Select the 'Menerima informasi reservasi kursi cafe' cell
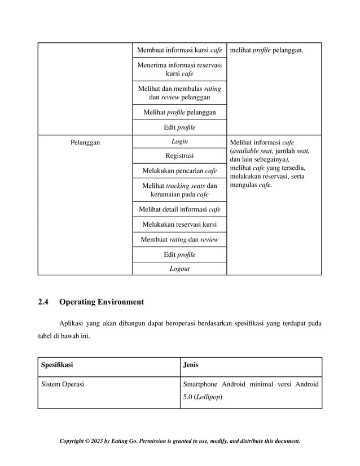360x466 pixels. pos(179,69)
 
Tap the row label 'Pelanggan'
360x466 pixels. pos(85,143)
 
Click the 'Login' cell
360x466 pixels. pos(179,142)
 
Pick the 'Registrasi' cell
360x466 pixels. pos(179,156)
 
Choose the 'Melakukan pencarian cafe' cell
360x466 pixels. pos(179,171)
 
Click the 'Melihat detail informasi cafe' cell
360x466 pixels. pos(179,210)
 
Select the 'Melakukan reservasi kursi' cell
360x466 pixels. pos(179,225)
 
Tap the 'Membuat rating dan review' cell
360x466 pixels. pos(179,240)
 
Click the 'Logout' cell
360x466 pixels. pos(179,269)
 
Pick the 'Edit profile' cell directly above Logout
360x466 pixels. pos(179,254)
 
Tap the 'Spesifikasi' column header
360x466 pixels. pos(57,364)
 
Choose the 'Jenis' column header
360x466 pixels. pos(191,364)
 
